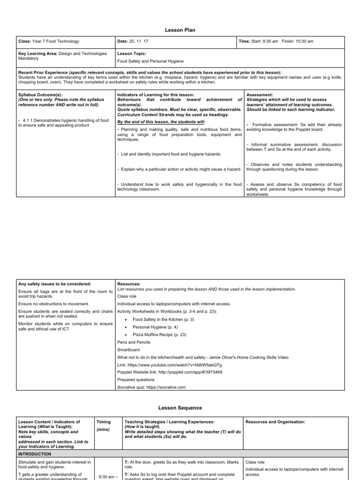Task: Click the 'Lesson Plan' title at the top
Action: (180, 30)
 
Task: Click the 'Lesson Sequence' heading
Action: (180, 408)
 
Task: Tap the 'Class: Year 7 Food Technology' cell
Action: (48, 41)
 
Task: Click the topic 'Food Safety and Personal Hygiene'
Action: (150, 61)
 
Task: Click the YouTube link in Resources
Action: (170, 365)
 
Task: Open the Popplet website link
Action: (170, 372)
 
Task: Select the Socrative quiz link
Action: (151, 387)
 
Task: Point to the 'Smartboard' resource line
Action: (127, 350)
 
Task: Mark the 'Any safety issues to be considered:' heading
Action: (54, 284)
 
